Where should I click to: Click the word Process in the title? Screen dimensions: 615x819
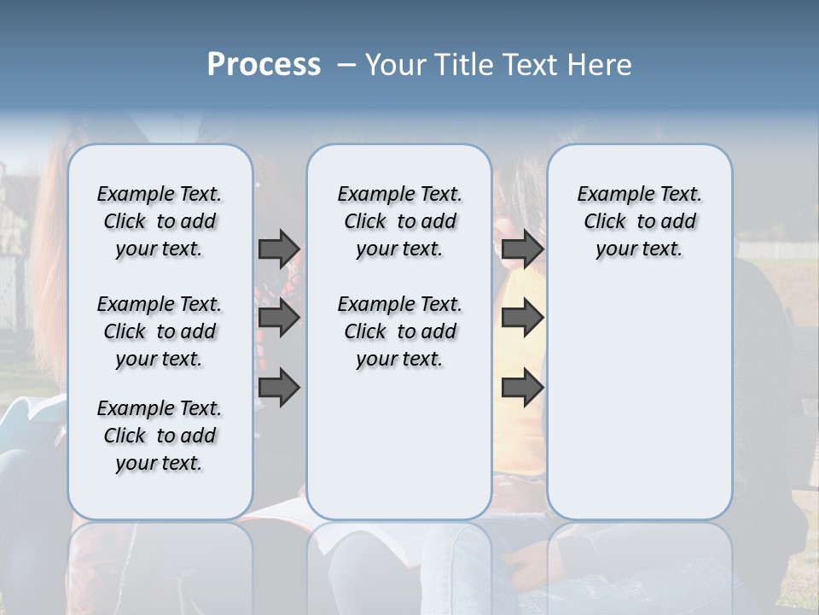(x=264, y=65)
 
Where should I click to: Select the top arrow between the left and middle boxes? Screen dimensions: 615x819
(x=279, y=249)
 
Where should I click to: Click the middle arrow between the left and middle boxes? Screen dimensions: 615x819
(x=279, y=318)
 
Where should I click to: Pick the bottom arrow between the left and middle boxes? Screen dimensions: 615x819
(x=279, y=387)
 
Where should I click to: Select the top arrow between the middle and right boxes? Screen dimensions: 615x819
(x=522, y=249)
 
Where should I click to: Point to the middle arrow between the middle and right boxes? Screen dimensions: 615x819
(x=522, y=318)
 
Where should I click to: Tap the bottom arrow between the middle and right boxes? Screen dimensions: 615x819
(x=522, y=387)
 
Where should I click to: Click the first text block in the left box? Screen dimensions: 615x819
(x=160, y=221)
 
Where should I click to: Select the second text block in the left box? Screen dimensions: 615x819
(x=160, y=331)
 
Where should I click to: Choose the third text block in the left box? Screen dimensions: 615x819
(x=160, y=436)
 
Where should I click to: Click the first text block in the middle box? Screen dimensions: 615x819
(x=399, y=221)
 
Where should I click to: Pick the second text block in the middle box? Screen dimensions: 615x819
(x=399, y=331)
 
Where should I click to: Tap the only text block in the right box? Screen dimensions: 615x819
(x=639, y=221)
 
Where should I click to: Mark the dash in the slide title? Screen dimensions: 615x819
(x=346, y=65)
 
